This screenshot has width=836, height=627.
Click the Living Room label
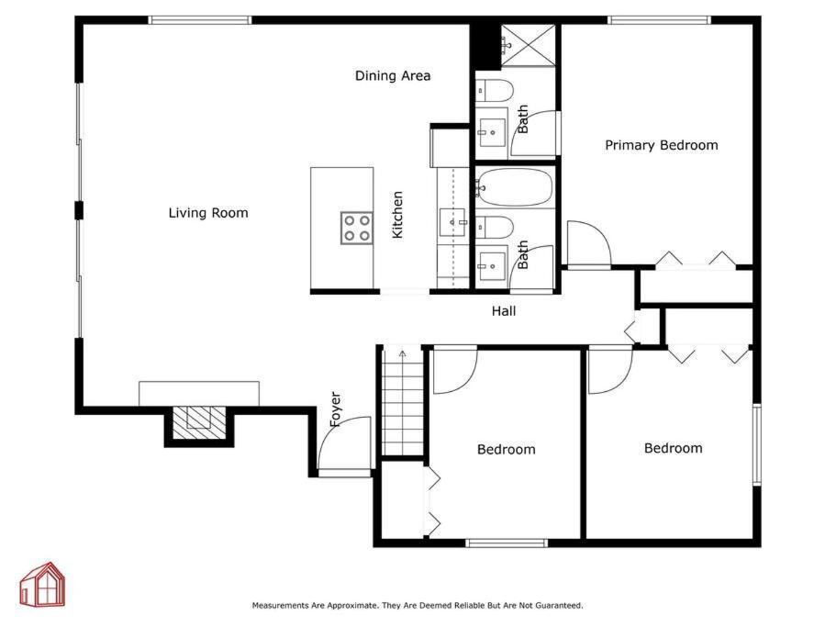pos(208,213)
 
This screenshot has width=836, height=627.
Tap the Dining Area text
pos(393,75)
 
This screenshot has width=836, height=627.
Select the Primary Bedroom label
pos(661,145)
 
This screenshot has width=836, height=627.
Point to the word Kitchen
pos(397,215)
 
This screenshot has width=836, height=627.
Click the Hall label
pos(503,311)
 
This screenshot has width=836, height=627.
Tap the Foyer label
pos(335,409)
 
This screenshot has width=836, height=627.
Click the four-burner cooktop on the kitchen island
pos(357,228)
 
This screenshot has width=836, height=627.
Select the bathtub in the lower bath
pos(514,187)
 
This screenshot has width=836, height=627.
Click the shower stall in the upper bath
pos(529,46)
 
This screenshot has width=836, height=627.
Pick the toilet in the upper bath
pos(494,90)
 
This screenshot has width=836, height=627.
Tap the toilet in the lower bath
pos(495,227)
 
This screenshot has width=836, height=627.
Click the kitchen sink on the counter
pos(453,222)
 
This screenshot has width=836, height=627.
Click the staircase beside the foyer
pos(403,401)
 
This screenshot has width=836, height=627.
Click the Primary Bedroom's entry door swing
pos(589,242)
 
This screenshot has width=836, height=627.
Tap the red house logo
pos(42,585)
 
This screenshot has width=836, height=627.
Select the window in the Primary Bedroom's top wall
pos(660,20)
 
